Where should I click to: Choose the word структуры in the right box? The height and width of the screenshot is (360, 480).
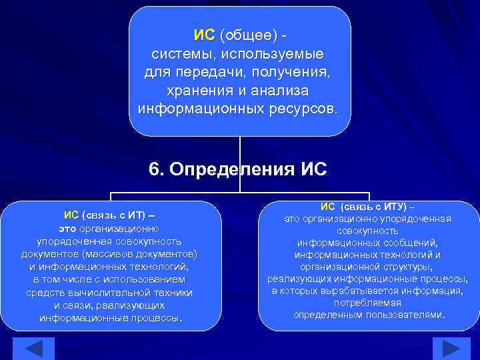[401, 267]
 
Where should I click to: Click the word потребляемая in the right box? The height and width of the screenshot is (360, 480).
[369, 303]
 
